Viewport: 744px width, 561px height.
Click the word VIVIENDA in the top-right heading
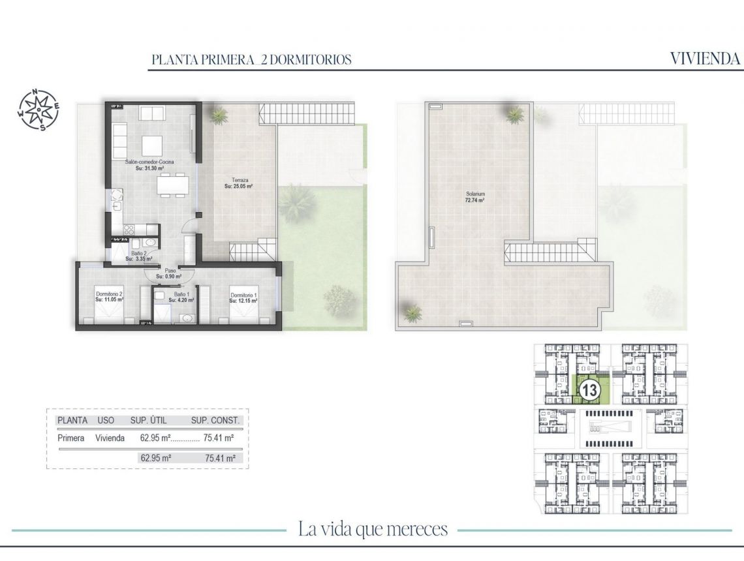705,59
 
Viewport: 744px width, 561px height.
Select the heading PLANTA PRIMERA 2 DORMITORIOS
251,59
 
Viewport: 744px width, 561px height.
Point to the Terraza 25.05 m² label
238,183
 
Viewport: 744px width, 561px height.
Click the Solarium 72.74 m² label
474,197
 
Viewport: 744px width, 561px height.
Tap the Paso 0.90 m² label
170,273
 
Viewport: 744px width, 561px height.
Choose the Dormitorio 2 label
110,297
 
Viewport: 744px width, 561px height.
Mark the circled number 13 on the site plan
590,391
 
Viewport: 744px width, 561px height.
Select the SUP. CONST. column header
215,421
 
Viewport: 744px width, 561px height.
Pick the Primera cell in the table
70,438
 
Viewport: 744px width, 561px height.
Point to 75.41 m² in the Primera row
219,438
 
